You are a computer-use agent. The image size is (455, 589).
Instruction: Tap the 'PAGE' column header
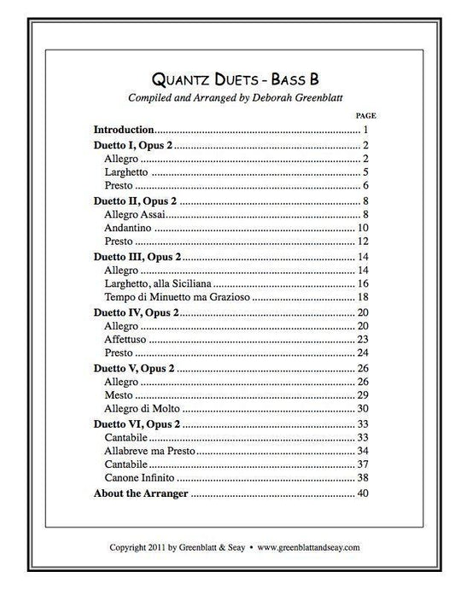365,114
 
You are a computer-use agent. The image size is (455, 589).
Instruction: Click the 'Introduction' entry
124,130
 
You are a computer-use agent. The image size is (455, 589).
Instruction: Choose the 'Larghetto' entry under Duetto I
126,172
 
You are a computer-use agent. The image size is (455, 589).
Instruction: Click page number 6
365,185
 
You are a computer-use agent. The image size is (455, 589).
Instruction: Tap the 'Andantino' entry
128,228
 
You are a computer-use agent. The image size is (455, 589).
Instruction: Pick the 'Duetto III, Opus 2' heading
136,257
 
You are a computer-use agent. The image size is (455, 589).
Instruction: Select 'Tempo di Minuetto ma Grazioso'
178,296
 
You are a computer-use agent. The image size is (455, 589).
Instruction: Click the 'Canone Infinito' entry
140,476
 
